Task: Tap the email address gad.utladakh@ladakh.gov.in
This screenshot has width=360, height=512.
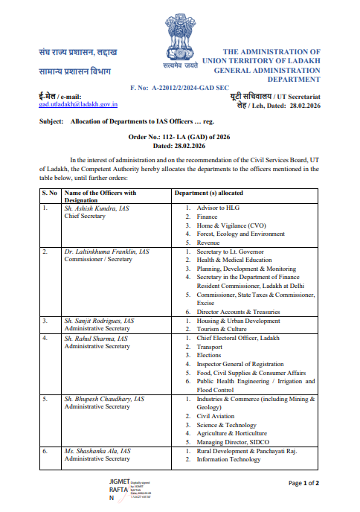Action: point(79,105)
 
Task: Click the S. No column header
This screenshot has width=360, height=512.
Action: point(50,193)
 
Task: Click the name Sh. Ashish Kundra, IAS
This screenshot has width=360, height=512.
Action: point(96,208)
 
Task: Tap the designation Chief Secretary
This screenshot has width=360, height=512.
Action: point(86,217)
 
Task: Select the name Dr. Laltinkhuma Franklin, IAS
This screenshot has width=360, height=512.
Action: point(106,252)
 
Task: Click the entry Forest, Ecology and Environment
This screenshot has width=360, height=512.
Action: point(240,234)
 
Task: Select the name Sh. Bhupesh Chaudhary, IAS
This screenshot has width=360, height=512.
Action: point(104,399)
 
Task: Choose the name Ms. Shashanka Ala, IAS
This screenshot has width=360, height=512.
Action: point(97,451)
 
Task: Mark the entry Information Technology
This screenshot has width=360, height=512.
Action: point(231,459)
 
